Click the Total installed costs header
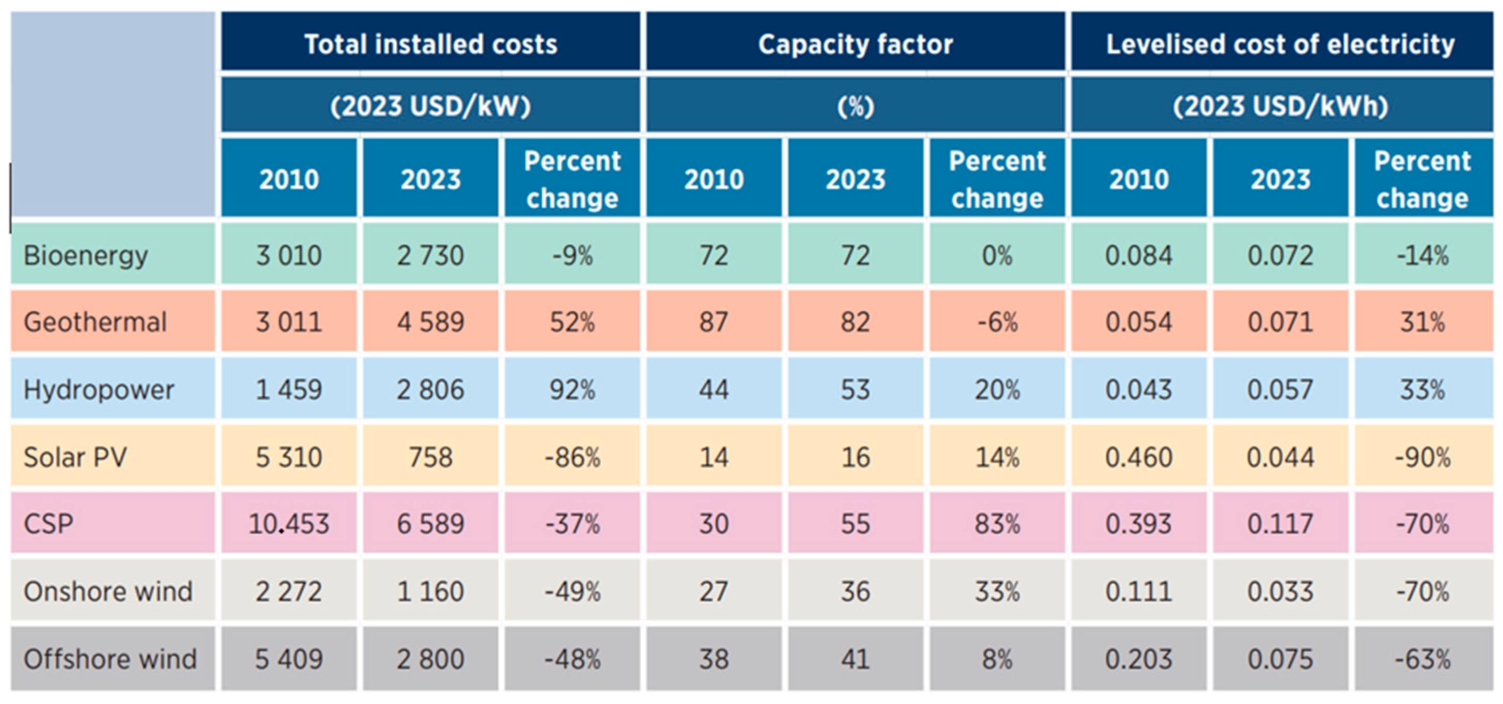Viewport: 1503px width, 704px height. point(431,44)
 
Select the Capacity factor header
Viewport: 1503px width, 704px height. point(855,44)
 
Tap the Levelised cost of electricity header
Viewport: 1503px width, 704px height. point(1281,44)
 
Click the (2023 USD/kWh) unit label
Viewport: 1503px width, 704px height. point(1281,106)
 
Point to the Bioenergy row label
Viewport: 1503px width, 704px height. point(86,255)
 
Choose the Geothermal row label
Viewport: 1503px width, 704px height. point(95,322)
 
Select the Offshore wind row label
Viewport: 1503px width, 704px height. point(111,659)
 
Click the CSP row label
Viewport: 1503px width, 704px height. point(49,524)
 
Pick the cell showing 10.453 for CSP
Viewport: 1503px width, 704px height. point(289,524)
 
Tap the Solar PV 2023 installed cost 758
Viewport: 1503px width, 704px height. point(431,457)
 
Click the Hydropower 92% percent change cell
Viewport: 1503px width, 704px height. point(572,390)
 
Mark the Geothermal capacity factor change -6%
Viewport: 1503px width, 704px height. point(997,322)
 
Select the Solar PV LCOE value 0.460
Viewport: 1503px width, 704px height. point(1138,457)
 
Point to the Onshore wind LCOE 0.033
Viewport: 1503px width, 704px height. point(1281,591)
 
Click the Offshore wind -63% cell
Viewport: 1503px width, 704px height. point(1422,659)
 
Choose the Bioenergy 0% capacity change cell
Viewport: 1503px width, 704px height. point(997,255)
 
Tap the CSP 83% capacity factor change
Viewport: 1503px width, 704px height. point(997,524)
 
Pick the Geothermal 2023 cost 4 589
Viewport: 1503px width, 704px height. point(431,322)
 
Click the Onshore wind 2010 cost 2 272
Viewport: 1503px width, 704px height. point(289,591)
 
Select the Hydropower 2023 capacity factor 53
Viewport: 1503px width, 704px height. point(855,390)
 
